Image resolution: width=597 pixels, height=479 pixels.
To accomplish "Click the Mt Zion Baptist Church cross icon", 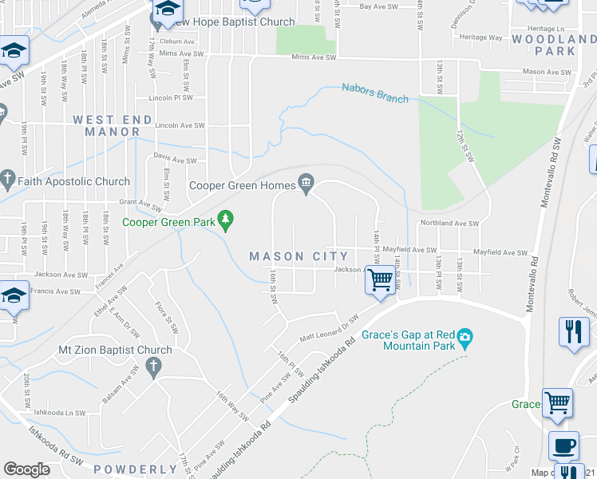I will pyautogui.click(x=154, y=366).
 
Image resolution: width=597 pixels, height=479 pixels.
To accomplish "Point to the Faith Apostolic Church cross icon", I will pyautogui.click(x=8, y=181).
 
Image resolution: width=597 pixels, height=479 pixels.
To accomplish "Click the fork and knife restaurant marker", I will pyautogui.click(x=573, y=331).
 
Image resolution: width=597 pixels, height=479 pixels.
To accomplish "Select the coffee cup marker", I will pyautogui.click(x=564, y=445).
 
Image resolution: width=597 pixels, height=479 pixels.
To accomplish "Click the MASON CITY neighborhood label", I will pyautogui.click(x=298, y=256).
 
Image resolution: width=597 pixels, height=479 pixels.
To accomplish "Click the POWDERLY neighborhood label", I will pyautogui.click(x=135, y=469).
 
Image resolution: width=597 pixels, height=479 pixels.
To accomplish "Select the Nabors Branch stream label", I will pyautogui.click(x=374, y=93).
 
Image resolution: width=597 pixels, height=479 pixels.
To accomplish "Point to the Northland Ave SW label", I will pyautogui.click(x=449, y=224).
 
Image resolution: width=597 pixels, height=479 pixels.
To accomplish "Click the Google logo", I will pyautogui.click(x=26, y=469).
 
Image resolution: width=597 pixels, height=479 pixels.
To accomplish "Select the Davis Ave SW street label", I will pyautogui.click(x=175, y=160).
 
